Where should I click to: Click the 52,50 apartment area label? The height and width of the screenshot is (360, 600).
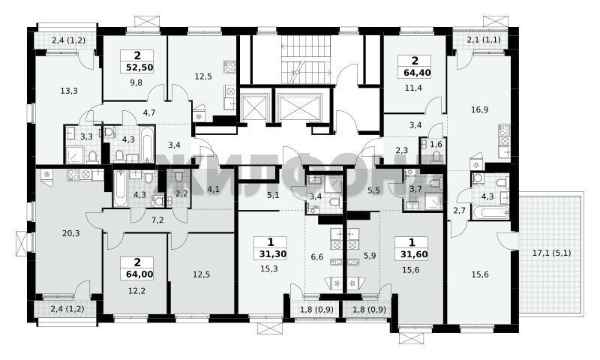(x=139, y=67)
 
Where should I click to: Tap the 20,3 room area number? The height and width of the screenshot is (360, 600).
(x=71, y=233)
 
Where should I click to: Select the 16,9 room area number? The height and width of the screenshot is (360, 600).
(x=480, y=109)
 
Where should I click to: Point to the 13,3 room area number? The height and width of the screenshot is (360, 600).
(x=69, y=91)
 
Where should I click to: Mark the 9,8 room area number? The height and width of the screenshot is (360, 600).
(x=136, y=82)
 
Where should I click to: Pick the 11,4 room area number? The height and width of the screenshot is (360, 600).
(x=414, y=88)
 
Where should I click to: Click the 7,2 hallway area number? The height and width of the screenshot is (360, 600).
(x=157, y=220)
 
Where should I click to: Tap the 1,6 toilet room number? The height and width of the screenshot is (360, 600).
(x=436, y=144)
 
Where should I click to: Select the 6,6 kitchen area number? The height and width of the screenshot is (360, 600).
(x=317, y=256)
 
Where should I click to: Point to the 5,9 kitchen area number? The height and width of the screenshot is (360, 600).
(x=370, y=256)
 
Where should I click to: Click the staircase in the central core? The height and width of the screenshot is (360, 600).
(x=306, y=59)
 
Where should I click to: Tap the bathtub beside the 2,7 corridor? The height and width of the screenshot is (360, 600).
(x=490, y=213)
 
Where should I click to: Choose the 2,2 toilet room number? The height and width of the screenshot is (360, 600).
(x=181, y=194)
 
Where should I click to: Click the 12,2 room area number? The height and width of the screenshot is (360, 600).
(x=136, y=291)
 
